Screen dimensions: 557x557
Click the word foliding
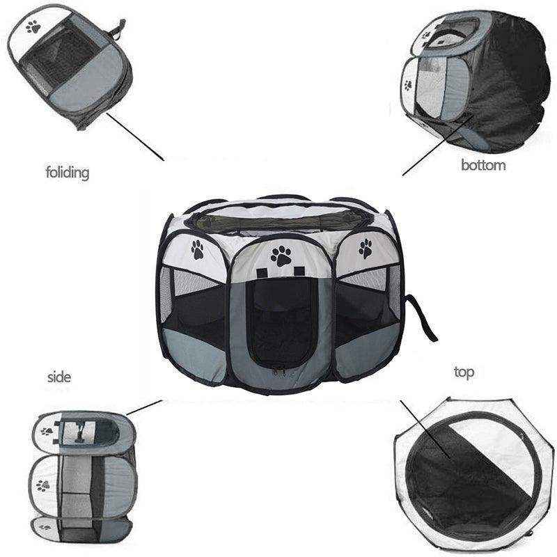pos(68,171)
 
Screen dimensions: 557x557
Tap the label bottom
pos(483,165)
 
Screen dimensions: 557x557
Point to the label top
pos(464,372)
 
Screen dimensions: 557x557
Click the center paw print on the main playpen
pos(281,255)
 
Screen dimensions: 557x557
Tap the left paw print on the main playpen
pos(198,249)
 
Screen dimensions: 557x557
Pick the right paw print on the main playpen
pos(365,247)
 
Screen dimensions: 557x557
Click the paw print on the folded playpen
pos(33,27)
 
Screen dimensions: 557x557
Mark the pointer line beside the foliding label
pos(135,136)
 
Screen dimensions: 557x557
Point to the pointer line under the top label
pos(425,427)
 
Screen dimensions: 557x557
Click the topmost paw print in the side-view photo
pos(47,431)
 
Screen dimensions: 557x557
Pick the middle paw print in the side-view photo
pos(43,485)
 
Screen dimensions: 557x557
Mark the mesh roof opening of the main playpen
pos(278,221)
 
